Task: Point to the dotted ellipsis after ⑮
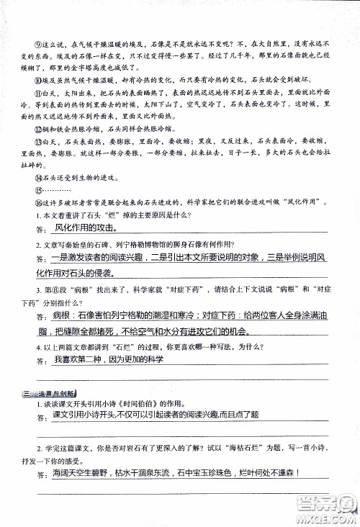click(x=54, y=197)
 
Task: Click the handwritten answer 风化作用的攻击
click(x=84, y=230)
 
